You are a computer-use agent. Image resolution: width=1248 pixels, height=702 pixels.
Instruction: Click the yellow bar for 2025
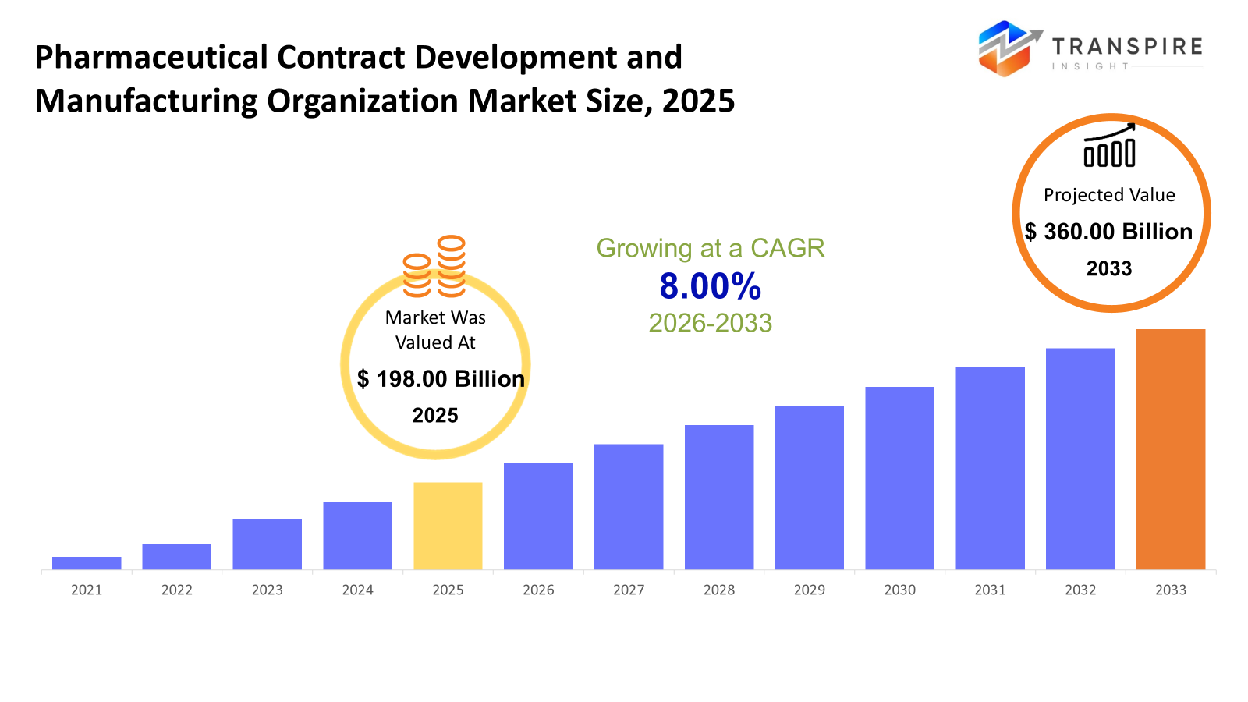click(x=448, y=526)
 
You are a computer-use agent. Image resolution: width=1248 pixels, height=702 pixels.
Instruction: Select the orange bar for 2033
click(x=1170, y=449)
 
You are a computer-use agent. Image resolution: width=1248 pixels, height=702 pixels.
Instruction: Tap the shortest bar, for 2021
click(x=87, y=562)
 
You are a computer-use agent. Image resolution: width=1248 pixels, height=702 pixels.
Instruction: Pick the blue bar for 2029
click(x=809, y=487)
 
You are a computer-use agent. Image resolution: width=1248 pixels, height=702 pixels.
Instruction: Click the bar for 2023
click(x=267, y=544)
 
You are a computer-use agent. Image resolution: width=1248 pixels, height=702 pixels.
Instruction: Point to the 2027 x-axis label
click(x=629, y=590)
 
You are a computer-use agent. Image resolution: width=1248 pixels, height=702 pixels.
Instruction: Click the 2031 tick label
click(x=990, y=590)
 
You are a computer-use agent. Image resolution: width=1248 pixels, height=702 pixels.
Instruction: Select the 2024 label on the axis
click(x=357, y=590)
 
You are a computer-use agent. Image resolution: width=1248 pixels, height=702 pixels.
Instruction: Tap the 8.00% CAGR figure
click(x=710, y=286)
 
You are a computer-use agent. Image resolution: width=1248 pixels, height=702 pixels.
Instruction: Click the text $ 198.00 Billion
click(x=441, y=379)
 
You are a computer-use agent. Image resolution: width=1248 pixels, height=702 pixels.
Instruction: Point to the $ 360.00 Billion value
click(x=1108, y=232)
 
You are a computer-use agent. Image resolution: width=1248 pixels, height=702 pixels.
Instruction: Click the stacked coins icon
click(x=434, y=267)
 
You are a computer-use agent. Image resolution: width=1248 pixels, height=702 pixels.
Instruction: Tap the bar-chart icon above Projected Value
click(x=1109, y=147)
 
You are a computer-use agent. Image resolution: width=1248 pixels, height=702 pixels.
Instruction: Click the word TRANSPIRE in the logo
click(x=1127, y=47)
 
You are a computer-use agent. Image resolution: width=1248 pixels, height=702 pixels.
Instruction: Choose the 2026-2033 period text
click(x=710, y=323)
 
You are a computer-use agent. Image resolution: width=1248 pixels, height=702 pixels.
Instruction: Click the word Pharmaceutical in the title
click(x=151, y=58)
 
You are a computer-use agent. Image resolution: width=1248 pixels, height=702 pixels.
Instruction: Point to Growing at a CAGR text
click(x=710, y=248)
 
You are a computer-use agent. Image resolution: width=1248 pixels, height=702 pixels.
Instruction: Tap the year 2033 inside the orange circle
click(x=1108, y=268)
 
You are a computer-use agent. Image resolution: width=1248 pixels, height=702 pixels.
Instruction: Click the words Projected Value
click(x=1108, y=195)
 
